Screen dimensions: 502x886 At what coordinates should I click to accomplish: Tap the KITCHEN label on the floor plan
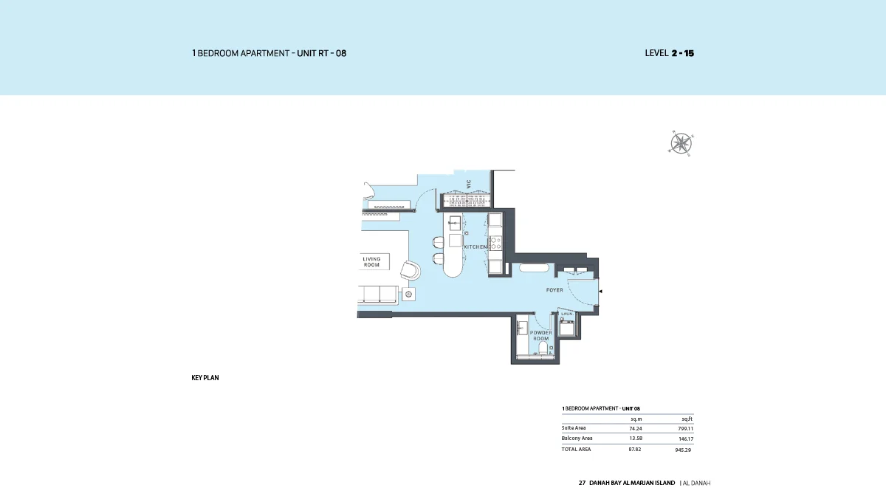[x=475, y=247]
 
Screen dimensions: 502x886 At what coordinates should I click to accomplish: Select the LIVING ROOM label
[x=371, y=262]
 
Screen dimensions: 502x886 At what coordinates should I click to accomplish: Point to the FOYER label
[x=554, y=290]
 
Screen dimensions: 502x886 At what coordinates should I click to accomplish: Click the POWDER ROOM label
[x=541, y=336]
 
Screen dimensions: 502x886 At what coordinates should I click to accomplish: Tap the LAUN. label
[x=567, y=314]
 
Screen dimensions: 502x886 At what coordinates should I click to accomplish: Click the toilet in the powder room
[x=543, y=348]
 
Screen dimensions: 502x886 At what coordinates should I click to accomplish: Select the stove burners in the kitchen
[x=496, y=241]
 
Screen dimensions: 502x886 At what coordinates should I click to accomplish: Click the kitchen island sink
[x=455, y=222]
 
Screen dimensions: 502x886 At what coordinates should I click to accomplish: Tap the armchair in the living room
[x=410, y=270]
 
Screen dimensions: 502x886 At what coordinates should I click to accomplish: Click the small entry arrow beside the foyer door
[x=600, y=292]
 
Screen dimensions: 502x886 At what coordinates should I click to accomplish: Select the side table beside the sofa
[x=409, y=295]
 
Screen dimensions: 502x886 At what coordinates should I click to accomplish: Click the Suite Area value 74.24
[x=635, y=428]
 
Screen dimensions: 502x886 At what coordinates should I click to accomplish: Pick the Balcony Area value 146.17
[x=686, y=439]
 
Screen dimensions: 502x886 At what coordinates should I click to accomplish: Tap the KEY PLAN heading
[x=205, y=378]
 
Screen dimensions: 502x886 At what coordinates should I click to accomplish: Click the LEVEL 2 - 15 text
[x=669, y=53]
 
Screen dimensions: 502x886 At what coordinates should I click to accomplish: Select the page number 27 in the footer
[x=582, y=483]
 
